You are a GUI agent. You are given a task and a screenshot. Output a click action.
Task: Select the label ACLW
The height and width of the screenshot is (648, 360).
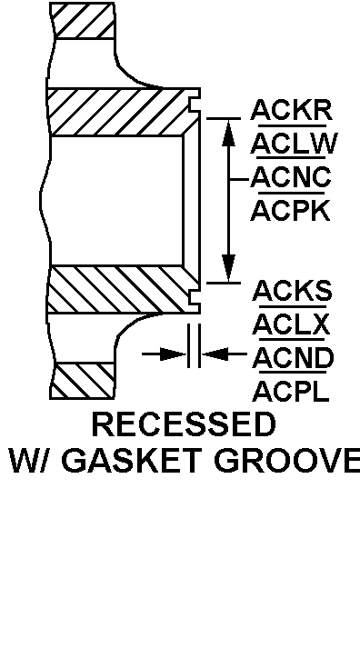291,144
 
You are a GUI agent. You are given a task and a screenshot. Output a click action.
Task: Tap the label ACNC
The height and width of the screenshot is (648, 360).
291,176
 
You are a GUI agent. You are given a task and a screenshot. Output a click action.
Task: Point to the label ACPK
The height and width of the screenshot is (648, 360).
291,210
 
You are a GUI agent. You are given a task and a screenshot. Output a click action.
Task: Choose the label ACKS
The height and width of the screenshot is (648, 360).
291,291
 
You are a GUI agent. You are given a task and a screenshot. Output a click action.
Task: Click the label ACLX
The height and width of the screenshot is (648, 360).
291,324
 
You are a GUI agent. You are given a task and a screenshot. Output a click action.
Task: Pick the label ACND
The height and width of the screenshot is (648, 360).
291,357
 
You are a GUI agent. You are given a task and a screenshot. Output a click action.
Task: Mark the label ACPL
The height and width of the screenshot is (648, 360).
291,391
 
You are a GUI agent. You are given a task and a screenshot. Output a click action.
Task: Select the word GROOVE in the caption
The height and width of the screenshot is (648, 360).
287,460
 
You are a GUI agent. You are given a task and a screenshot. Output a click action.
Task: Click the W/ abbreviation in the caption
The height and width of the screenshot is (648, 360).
34,460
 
